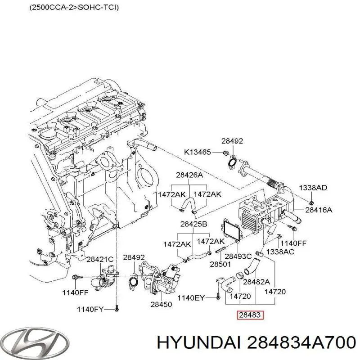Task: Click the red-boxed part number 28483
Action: [x=250, y=315]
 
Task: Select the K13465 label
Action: [x=197, y=152]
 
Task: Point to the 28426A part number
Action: [x=189, y=175]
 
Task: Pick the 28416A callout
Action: [x=319, y=209]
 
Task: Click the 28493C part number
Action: [x=238, y=256]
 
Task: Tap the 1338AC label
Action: [x=280, y=252]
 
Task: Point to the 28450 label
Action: [x=161, y=305]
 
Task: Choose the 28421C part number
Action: [x=100, y=259]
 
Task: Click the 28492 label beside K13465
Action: [x=232, y=141]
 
